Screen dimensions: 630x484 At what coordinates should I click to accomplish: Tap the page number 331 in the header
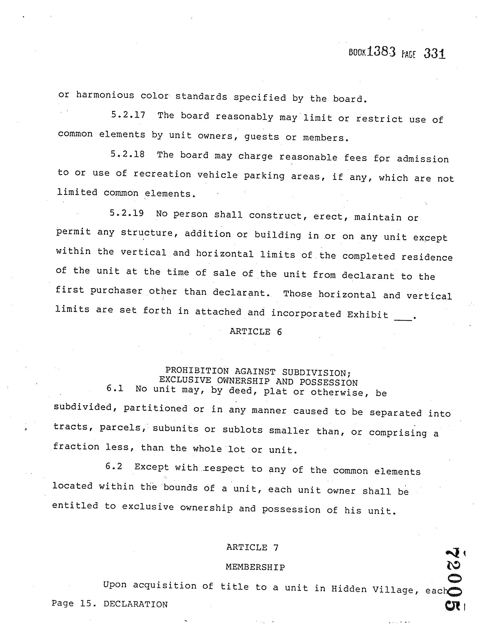coord(434,54)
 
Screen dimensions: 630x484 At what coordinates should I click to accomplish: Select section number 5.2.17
coord(128,115)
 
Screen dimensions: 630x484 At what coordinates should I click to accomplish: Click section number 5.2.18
coord(127,154)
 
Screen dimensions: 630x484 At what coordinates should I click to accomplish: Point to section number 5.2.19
coord(126,213)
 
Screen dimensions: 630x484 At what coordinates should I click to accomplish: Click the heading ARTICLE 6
coord(255,332)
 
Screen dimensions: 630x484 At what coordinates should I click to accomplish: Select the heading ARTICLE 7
coord(252,547)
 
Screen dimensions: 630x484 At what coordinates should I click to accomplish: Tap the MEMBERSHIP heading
coord(255,567)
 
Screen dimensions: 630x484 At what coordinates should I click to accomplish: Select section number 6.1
coord(115,388)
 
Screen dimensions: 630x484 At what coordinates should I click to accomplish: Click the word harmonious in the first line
coord(105,95)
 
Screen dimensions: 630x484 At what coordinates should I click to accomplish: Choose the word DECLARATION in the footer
coord(135,604)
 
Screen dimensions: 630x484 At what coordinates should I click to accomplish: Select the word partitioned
coord(156,409)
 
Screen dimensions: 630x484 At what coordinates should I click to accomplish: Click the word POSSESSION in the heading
coord(328,383)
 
